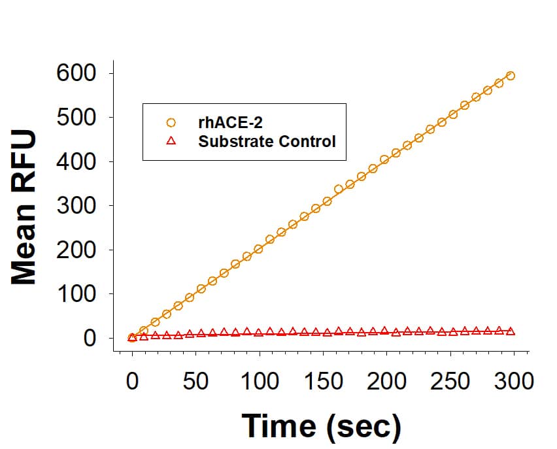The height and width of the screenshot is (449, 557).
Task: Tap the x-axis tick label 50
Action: [x=195, y=380]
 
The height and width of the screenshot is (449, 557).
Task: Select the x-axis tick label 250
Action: [x=451, y=380]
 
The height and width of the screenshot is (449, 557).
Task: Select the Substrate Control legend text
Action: [x=267, y=141]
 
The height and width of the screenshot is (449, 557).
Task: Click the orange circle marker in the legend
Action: [x=171, y=122]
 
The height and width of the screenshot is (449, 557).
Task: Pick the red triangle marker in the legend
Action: [x=171, y=141]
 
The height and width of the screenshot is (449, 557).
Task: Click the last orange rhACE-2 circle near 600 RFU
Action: [x=511, y=76]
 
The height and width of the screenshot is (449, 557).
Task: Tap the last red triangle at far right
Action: [x=511, y=331]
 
